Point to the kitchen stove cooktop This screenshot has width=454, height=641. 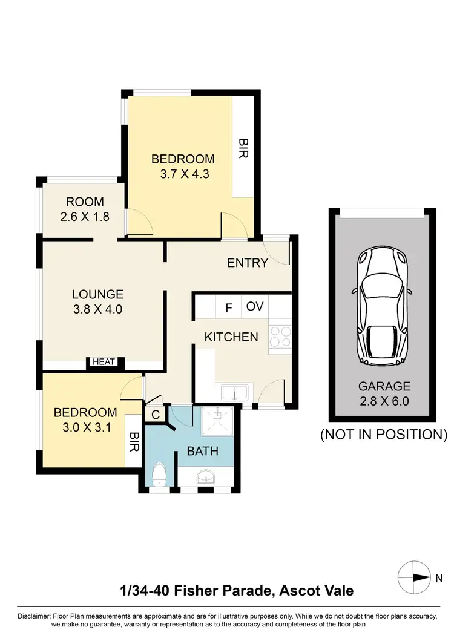click(x=280, y=337)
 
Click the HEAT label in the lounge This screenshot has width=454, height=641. click(x=104, y=362)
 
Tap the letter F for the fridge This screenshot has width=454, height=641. click(x=229, y=307)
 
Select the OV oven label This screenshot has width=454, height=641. click(x=255, y=306)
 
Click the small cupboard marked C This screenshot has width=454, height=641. click(x=155, y=415)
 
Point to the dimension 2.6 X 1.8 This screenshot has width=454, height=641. click(x=85, y=216)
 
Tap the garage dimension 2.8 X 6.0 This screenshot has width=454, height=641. click(x=384, y=401)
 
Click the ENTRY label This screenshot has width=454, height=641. click(x=248, y=263)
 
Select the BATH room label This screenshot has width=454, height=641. click(x=202, y=451)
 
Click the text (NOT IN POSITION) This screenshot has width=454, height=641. click(x=383, y=434)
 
